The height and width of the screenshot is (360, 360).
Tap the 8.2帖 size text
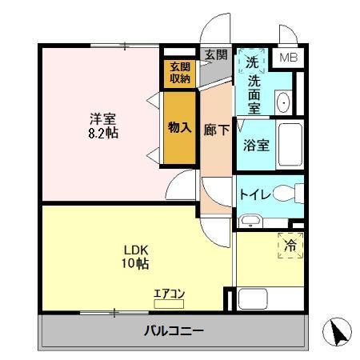click(x=103, y=134)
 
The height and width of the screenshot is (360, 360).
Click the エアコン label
click(x=169, y=294)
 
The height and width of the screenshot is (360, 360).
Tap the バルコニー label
click(x=174, y=330)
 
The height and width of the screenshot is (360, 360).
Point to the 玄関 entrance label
click(x=215, y=54)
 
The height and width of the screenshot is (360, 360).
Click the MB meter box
click(x=286, y=58)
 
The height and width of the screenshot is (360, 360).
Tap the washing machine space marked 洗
click(x=251, y=62)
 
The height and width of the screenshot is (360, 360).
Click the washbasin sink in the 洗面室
click(x=284, y=102)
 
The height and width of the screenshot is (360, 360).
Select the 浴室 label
click(x=254, y=146)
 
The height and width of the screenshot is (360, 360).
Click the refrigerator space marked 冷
click(x=291, y=246)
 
